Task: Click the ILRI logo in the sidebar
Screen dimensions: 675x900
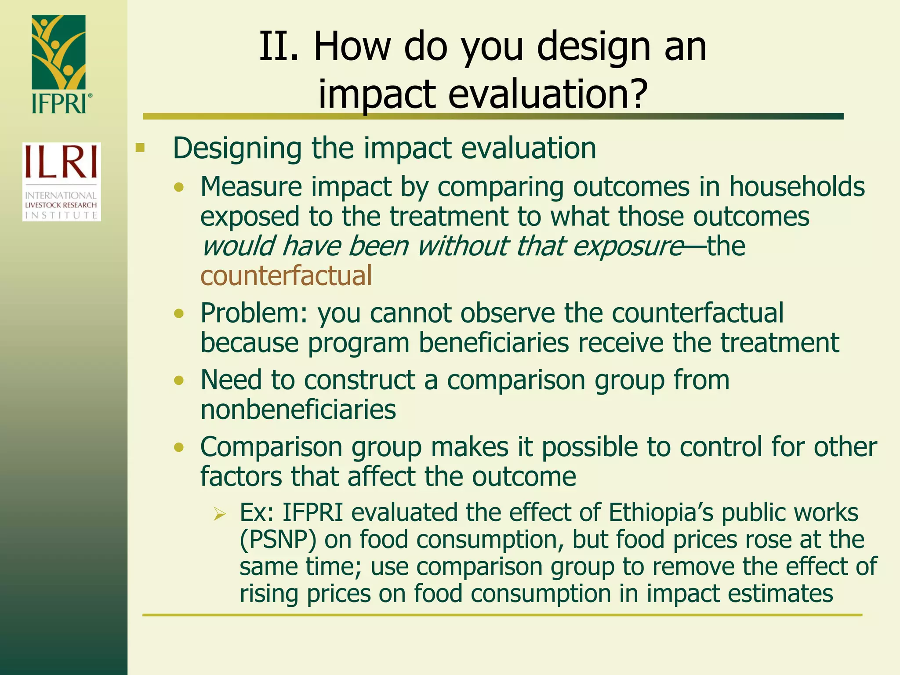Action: tap(62, 181)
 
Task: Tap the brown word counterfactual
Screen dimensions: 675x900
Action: tap(286, 276)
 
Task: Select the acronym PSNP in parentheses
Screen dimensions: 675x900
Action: tap(278, 540)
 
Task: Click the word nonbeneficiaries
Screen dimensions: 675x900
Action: tap(298, 410)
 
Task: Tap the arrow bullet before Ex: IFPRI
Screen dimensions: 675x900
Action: tap(219, 513)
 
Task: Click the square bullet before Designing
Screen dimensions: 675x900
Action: tap(140, 148)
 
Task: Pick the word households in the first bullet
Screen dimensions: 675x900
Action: tap(797, 187)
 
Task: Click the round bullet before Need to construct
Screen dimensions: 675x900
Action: tap(178, 380)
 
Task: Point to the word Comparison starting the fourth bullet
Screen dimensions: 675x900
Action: tap(271, 447)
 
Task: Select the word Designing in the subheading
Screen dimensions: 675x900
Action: tap(237, 149)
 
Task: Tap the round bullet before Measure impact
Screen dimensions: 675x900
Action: tap(178, 188)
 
